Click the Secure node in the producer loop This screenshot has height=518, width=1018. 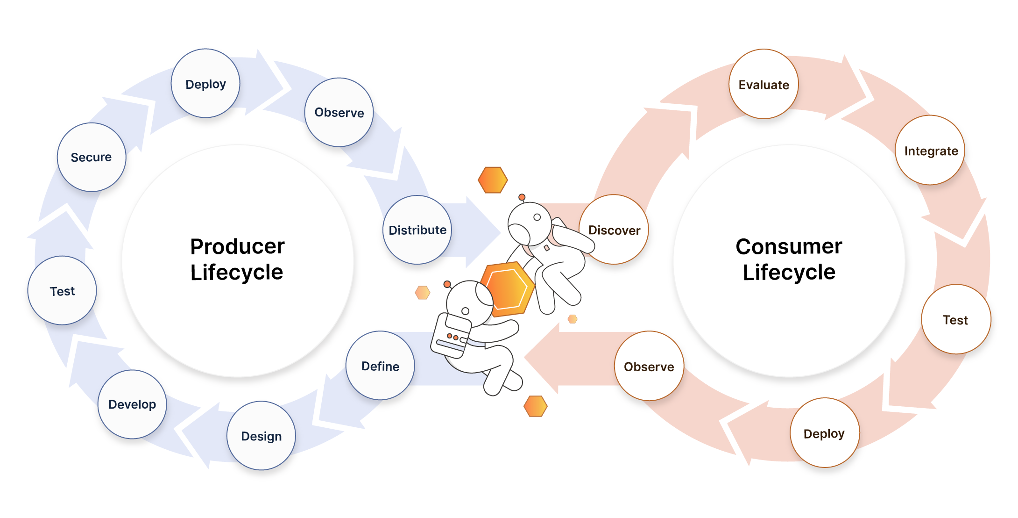(x=91, y=157)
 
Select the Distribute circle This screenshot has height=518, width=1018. (x=417, y=230)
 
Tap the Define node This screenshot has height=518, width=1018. (x=380, y=366)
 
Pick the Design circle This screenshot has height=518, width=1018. (x=261, y=436)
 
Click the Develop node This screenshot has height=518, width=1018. (x=132, y=404)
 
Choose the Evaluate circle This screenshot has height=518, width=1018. (x=763, y=84)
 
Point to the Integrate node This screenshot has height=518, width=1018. (x=931, y=151)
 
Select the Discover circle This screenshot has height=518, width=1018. (x=614, y=230)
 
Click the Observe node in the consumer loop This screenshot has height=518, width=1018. (x=649, y=366)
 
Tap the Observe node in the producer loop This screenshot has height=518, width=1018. (x=339, y=112)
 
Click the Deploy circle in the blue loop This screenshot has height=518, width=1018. (x=205, y=84)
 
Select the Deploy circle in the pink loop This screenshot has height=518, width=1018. (x=824, y=433)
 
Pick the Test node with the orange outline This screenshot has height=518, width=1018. (x=955, y=319)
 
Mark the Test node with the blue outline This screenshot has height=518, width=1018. (x=62, y=291)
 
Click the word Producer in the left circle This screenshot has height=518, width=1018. (x=237, y=246)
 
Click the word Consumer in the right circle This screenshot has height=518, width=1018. (x=789, y=246)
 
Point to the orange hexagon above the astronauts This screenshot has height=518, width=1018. (x=493, y=180)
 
